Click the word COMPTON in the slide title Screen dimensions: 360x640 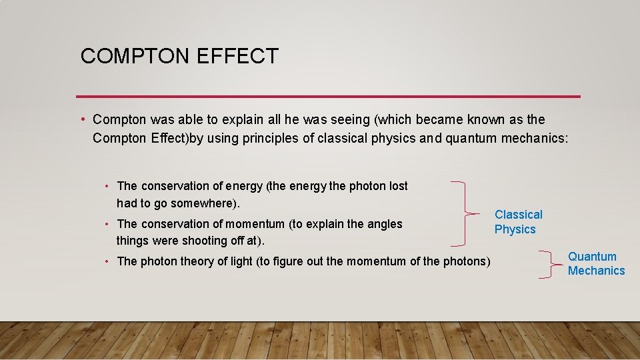[x=135, y=56]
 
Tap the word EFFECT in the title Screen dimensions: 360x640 [x=237, y=56]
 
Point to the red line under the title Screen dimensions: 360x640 [x=328, y=97]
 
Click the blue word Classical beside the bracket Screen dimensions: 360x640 [x=518, y=215]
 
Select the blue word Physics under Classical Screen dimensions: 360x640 [x=515, y=229]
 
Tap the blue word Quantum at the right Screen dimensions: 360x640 [x=592, y=257]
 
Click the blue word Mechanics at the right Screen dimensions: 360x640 [x=596, y=271]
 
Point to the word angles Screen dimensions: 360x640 [x=385, y=224]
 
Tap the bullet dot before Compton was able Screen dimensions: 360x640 [x=81, y=120]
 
